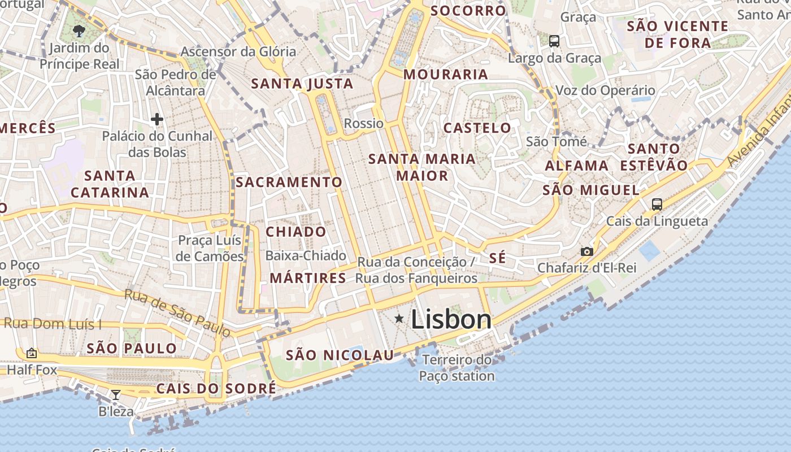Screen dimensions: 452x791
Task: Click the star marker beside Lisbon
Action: coord(399,319)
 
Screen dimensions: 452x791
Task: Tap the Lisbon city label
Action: coord(451,319)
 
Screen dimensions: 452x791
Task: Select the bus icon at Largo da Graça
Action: coord(554,41)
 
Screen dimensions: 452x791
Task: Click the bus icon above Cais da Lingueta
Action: coord(657,205)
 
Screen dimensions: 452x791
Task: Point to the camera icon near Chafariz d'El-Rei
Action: coord(587,251)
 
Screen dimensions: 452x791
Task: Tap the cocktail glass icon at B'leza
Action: coord(116,394)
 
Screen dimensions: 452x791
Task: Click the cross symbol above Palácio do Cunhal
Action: coord(157,119)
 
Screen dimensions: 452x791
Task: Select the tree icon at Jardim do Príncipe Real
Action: coord(79,31)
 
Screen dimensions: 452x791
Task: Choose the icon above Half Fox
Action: coord(32,354)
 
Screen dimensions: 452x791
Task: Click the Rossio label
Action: coord(363,123)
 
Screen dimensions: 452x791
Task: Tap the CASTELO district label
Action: coord(477,128)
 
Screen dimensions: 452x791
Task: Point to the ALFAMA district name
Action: coord(576,166)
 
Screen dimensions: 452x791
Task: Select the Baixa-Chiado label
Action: coord(306,255)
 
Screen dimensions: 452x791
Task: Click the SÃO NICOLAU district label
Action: coord(340,355)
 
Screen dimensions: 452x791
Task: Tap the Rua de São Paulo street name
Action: coord(177,313)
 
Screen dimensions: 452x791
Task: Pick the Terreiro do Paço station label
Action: coord(457,368)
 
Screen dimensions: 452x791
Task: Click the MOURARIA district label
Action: coord(445,74)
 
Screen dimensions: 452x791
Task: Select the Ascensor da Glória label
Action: coord(238,51)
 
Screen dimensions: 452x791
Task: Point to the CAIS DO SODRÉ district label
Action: coord(216,388)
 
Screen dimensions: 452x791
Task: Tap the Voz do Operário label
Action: coord(605,90)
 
